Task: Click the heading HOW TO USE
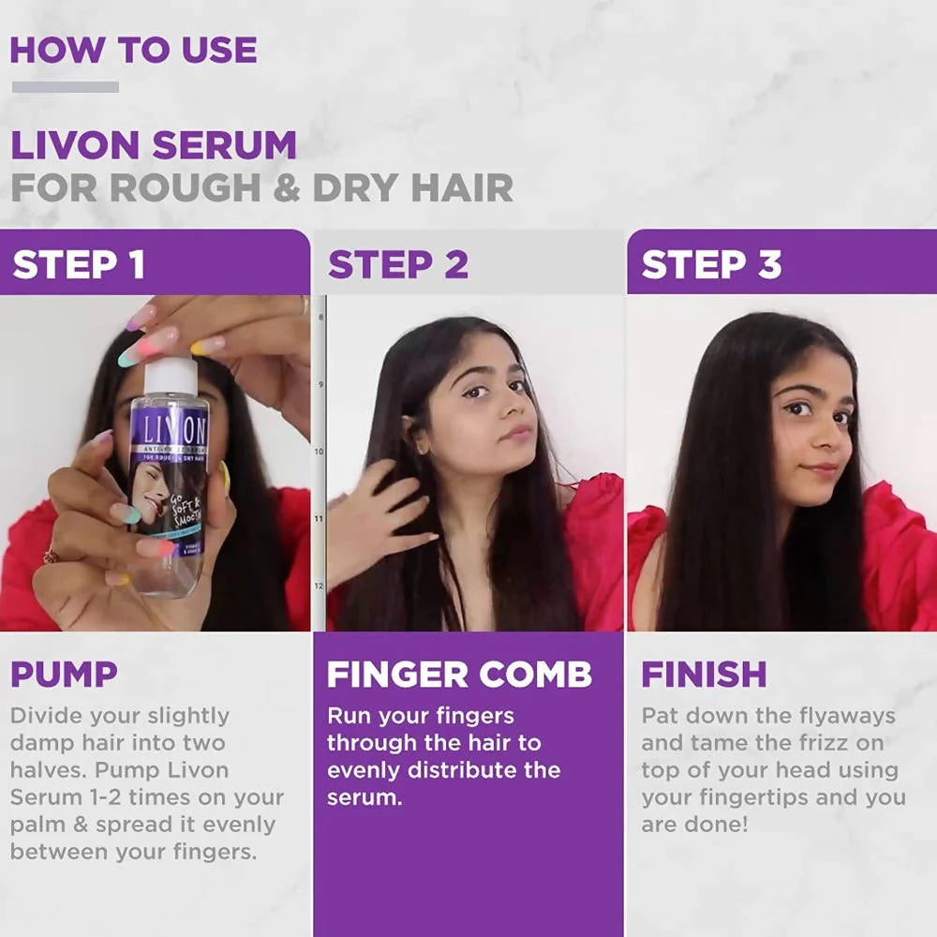pos(133,50)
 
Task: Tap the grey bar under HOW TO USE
pos(65,87)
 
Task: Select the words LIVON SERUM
pos(153,145)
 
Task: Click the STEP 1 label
pos(79,265)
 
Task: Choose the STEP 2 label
pos(397,265)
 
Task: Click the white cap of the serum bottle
pos(171,376)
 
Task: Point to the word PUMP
pos(64,675)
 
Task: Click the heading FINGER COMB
pos(459,675)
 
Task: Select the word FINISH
pos(704,675)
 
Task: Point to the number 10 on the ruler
pos(319,452)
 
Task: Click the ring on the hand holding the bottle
pos(50,558)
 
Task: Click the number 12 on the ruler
pos(319,587)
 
